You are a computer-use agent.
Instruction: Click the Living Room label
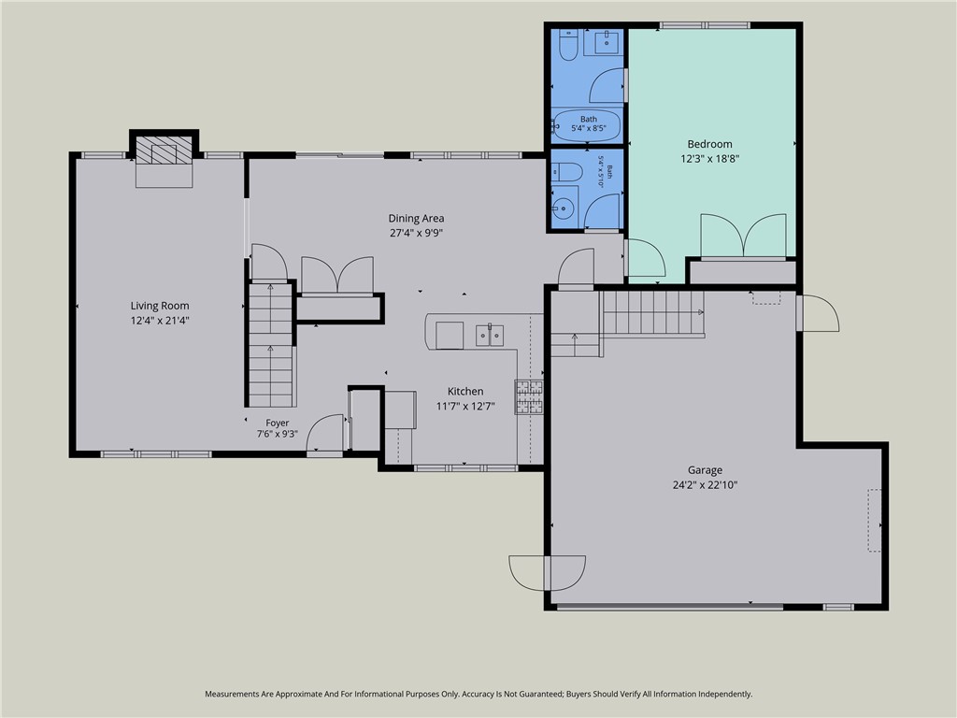click(x=160, y=306)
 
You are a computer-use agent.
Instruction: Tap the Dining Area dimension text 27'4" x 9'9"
click(x=416, y=233)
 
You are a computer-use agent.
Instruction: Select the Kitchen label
click(x=465, y=392)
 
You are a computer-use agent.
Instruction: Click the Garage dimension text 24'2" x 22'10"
click(x=705, y=485)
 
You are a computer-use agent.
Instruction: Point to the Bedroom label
click(x=710, y=144)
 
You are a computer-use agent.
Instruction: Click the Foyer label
click(x=277, y=423)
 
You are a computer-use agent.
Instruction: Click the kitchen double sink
click(x=490, y=336)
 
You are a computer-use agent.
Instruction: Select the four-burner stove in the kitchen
click(x=529, y=396)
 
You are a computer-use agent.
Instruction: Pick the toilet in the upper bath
click(x=568, y=45)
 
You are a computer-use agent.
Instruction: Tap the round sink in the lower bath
click(x=564, y=208)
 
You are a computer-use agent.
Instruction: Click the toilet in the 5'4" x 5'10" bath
click(x=567, y=172)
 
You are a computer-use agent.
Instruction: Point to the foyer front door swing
click(x=324, y=434)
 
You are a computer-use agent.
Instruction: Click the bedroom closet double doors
click(x=743, y=235)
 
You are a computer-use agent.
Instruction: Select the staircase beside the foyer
click(x=271, y=345)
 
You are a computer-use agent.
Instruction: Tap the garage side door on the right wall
click(x=819, y=313)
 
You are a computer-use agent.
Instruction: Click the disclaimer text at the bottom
click(x=478, y=695)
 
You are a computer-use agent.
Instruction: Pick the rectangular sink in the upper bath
click(x=602, y=42)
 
